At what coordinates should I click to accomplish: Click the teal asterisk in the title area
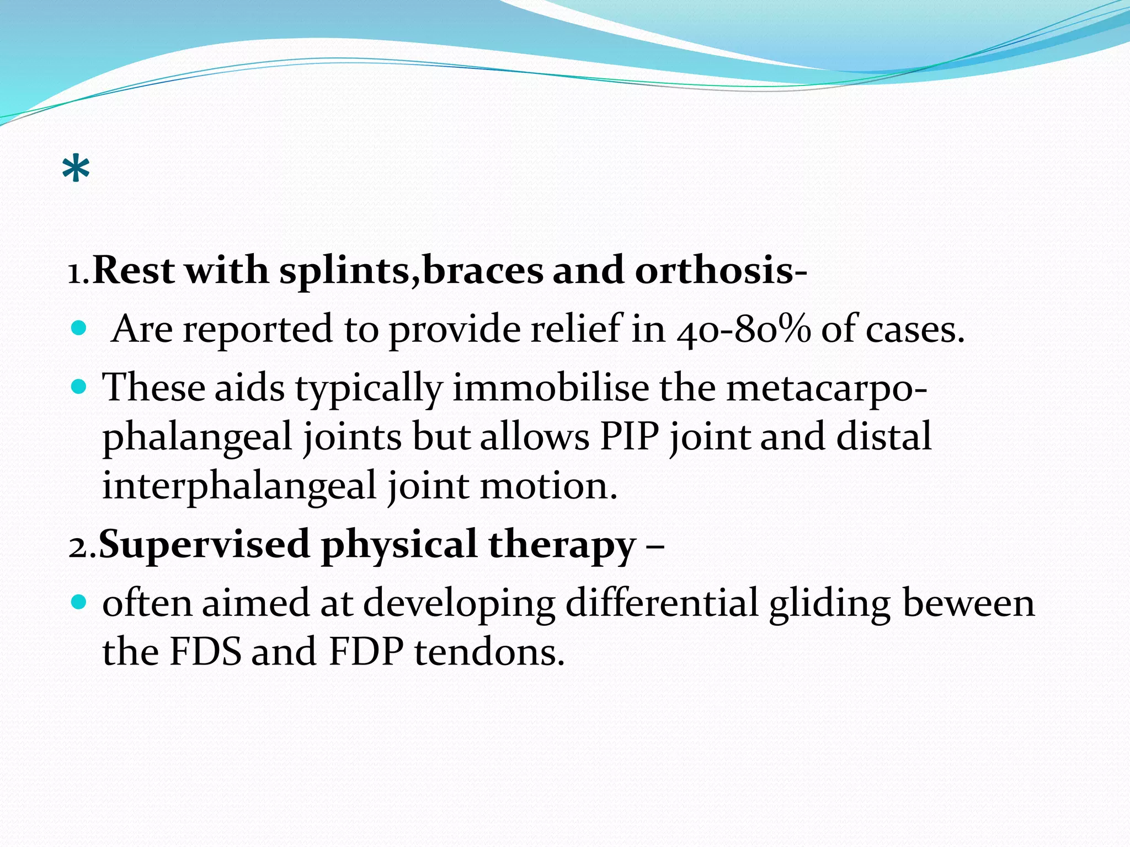(76, 169)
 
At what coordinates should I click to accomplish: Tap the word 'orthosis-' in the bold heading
(721, 271)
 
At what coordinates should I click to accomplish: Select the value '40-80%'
(744, 330)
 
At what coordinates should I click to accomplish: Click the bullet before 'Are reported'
(79, 329)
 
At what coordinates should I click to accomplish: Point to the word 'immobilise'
(551, 388)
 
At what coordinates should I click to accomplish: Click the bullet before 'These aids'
(79, 387)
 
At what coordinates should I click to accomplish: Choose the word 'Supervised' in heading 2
(204, 545)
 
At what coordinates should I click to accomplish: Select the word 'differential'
(662, 603)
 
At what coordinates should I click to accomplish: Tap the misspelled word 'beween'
(968, 603)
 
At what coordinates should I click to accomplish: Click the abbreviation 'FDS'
(205, 652)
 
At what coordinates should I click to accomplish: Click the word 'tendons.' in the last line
(489, 652)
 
